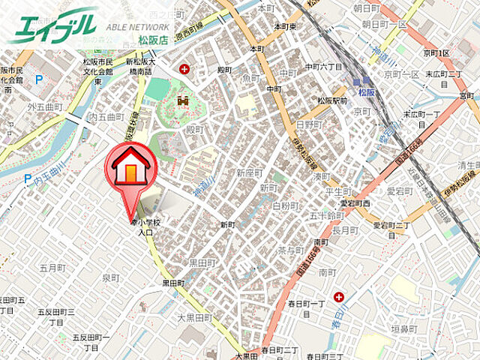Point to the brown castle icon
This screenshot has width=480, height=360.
point(182,100)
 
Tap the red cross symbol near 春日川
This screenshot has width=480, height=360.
point(340,297)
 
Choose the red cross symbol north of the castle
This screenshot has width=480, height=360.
point(184,69)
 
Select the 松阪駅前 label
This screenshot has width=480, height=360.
point(331,100)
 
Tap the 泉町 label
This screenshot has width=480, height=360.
point(110,277)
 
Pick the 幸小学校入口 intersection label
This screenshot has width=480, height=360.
point(145,227)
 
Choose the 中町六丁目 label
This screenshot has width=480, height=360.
point(322,67)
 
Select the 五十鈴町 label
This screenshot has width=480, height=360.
point(325,215)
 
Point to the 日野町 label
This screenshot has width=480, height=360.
point(310,124)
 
